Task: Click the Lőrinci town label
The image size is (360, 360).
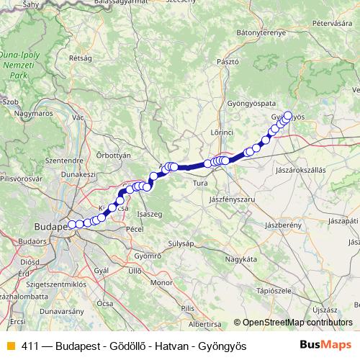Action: point(222,133)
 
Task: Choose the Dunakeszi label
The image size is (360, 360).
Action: point(78,174)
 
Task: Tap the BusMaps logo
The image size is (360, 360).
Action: point(326,346)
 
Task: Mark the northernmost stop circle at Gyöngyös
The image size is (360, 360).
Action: point(289,114)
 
